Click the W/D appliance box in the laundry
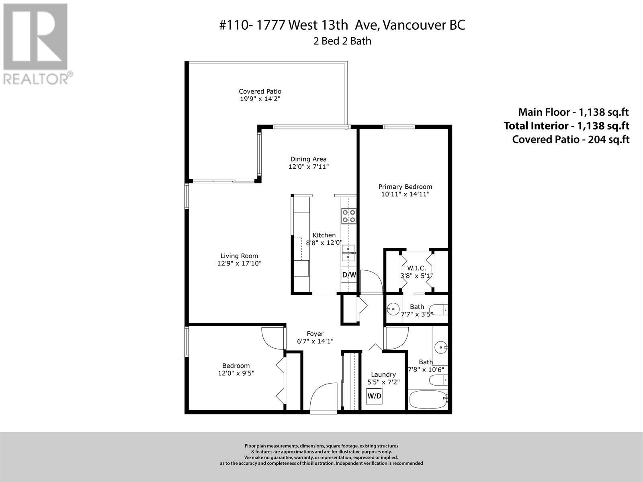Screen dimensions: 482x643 (x=375, y=396)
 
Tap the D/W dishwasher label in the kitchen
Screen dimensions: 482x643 (x=349, y=275)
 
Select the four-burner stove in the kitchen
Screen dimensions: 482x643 (x=348, y=216)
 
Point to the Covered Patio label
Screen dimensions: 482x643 (x=260, y=92)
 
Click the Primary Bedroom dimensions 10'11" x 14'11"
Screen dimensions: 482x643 (x=405, y=194)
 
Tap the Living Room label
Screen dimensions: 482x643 (x=239, y=256)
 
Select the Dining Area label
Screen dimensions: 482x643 (x=308, y=159)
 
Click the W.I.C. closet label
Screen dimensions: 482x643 (x=416, y=268)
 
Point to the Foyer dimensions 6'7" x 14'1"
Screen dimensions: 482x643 (x=315, y=341)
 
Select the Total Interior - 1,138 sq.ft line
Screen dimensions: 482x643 (x=566, y=126)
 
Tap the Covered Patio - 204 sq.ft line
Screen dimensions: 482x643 (x=571, y=139)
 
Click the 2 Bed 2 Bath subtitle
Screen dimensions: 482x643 (x=342, y=41)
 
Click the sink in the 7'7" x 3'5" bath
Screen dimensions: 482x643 (x=393, y=309)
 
